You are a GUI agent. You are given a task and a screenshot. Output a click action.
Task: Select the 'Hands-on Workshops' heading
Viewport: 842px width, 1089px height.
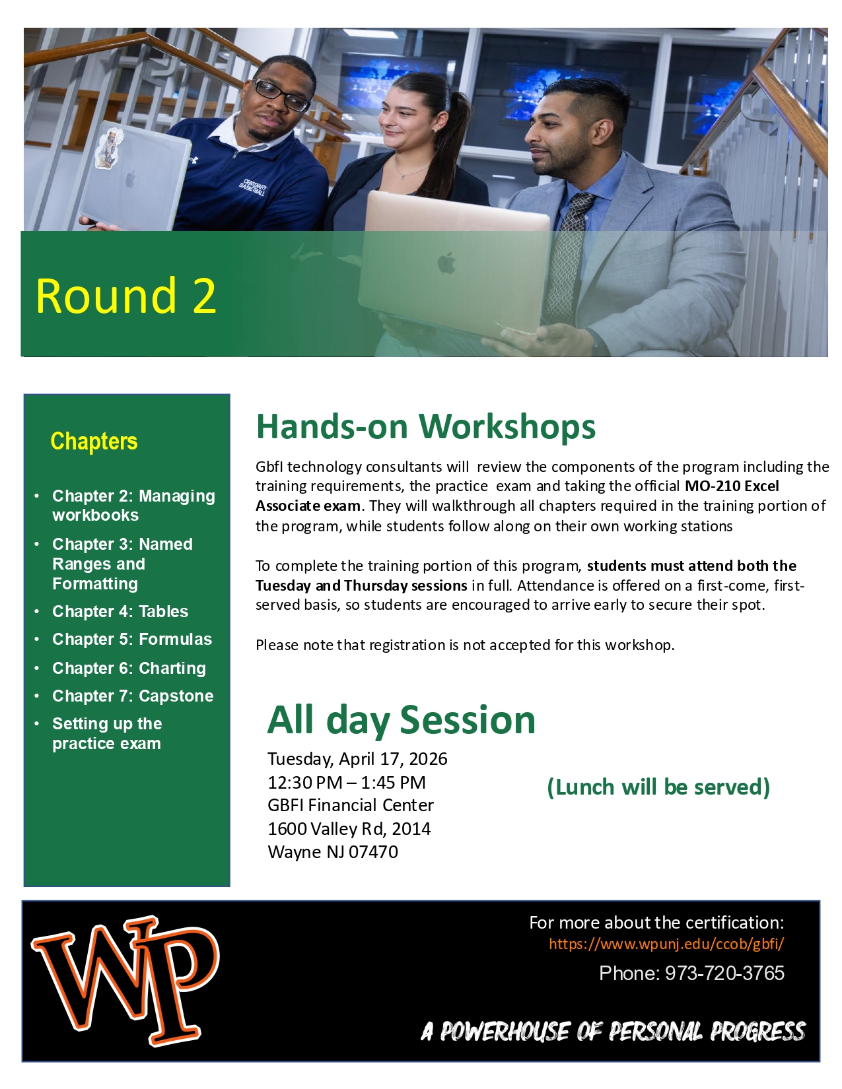[x=425, y=426]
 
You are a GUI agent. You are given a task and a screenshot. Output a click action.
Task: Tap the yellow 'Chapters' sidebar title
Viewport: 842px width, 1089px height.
[x=94, y=441]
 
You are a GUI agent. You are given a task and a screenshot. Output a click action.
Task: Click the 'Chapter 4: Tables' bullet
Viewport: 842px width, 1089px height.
[x=120, y=611]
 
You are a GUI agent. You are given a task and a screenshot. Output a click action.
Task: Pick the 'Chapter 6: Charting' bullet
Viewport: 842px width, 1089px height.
[x=129, y=668]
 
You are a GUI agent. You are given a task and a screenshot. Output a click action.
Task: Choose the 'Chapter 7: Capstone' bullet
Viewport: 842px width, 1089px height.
[x=133, y=696]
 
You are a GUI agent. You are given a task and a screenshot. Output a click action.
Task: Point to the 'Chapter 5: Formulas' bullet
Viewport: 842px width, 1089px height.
[x=132, y=639]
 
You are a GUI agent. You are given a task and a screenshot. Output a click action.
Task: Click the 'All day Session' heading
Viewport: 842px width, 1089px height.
[x=401, y=719]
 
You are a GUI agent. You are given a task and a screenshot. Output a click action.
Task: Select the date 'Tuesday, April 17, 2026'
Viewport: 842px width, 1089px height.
[x=357, y=759]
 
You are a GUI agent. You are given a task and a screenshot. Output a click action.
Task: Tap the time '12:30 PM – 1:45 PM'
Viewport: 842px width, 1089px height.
[x=347, y=783]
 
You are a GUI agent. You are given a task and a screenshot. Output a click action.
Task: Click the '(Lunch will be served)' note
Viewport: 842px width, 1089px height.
[x=658, y=787]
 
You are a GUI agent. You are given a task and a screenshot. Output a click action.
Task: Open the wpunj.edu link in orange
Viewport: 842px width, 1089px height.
[x=666, y=944]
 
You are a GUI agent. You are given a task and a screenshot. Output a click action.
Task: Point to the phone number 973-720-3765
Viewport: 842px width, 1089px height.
[x=724, y=973]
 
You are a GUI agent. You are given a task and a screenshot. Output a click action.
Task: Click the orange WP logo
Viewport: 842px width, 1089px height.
[x=125, y=980]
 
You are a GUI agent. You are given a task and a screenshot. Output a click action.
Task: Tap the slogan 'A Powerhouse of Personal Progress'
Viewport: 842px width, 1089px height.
[x=614, y=1031]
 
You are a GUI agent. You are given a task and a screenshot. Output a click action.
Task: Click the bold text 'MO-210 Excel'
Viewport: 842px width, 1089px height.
[x=732, y=486]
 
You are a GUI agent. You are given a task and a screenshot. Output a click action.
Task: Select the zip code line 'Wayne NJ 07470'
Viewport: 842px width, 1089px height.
[x=333, y=852]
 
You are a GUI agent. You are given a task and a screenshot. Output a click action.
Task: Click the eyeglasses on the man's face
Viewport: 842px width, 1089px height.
[x=281, y=94]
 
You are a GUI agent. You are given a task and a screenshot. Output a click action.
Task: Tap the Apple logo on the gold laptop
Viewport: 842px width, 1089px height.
[x=447, y=263]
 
